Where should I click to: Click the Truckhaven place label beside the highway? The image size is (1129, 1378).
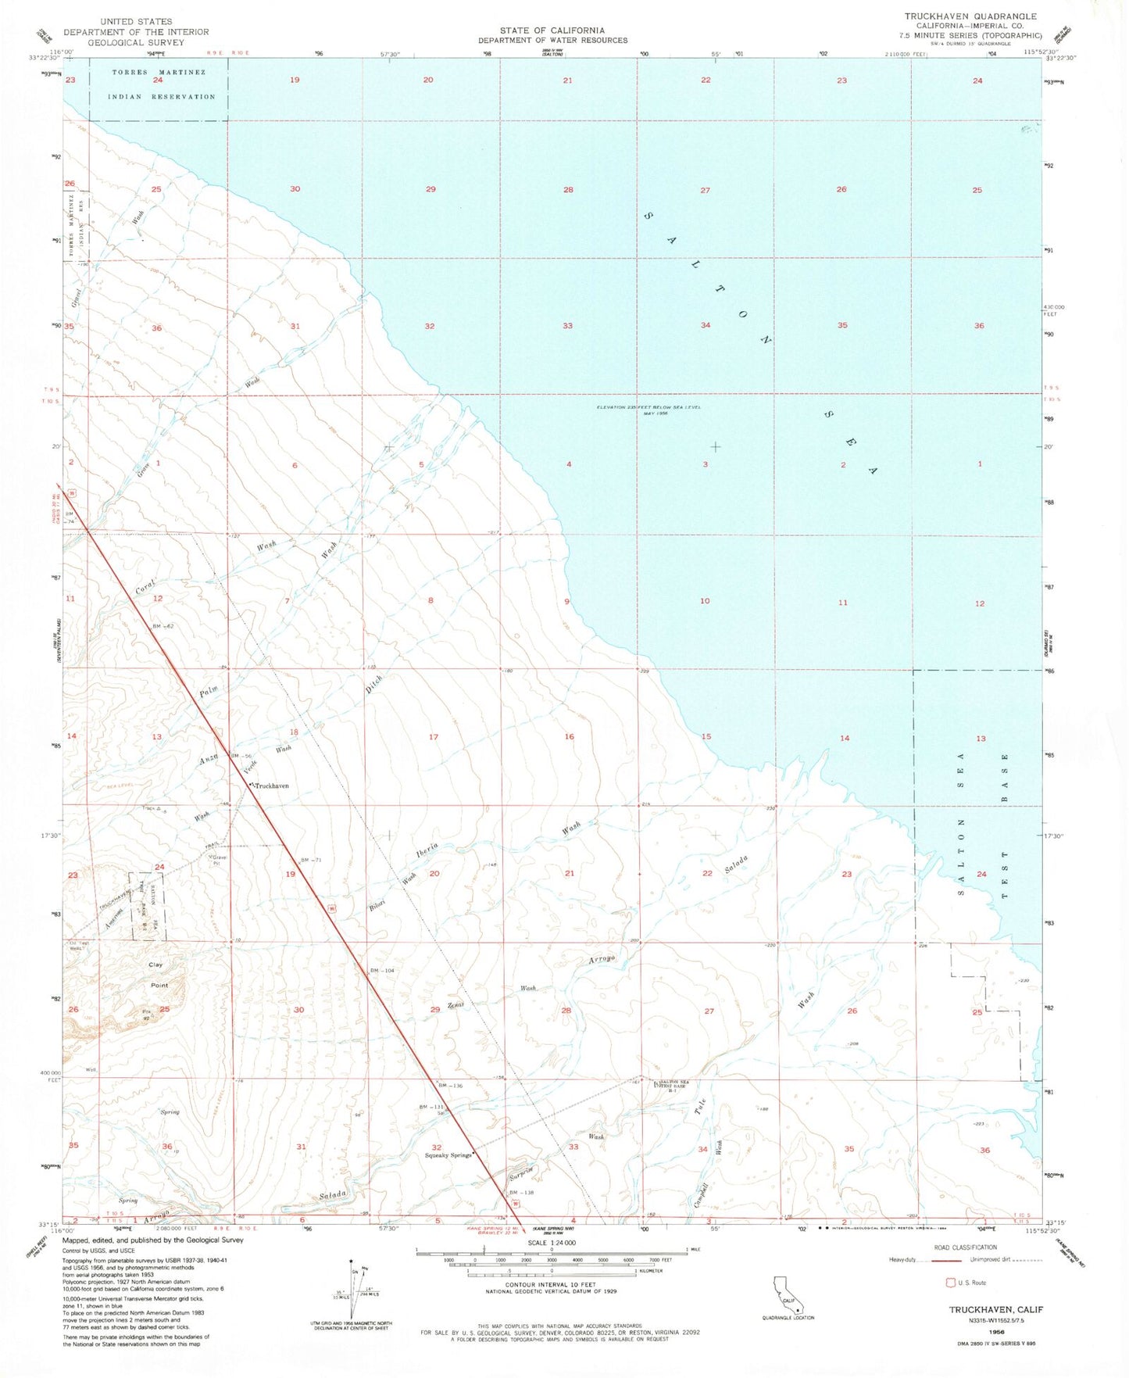(x=270, y=786)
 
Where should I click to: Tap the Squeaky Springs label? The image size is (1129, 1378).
(x=448, y=1155)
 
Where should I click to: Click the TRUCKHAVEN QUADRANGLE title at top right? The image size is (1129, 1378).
(x=970, y=16)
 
